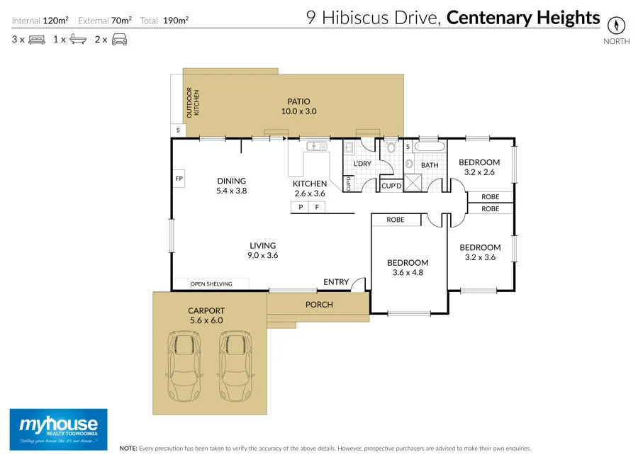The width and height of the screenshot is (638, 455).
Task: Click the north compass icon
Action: click(x=617, y=25)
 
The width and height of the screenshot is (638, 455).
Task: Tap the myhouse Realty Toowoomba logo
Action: click(x=58, y=428)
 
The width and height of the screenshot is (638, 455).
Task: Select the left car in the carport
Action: click(x=183, y=366)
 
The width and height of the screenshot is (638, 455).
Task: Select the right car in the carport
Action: click(x=235, y=366)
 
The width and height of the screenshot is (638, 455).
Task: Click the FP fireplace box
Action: click(x=179, y=179)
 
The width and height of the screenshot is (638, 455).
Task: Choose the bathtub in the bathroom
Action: click(x=430, y=147)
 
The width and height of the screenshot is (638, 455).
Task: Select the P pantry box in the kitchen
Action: click(x=301, y=207)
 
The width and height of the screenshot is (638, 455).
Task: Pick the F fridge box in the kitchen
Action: click(x=318, y=207)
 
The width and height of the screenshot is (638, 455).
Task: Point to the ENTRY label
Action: click(x=336, y=282)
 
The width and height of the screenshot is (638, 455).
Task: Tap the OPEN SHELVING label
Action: click(x=211, y=284)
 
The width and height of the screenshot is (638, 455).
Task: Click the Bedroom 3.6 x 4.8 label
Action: click(x=408, y=267)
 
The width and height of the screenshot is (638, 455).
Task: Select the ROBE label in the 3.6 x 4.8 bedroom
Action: click(x=396, y=220)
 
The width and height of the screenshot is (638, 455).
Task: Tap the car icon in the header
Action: click(x=119, y=40)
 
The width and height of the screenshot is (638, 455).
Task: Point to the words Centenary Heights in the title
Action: click(x=523, y=18)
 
